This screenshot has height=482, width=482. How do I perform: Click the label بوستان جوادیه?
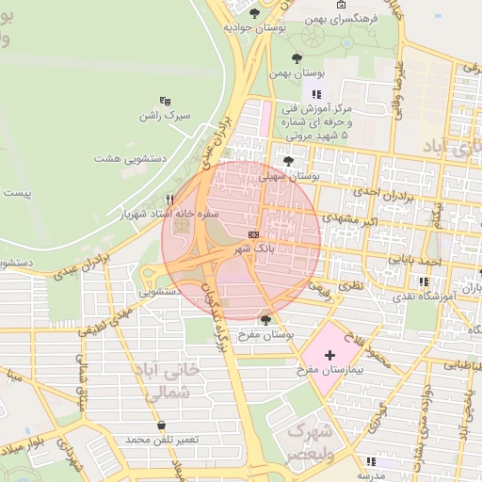pyautogui.click(x=254, y=28)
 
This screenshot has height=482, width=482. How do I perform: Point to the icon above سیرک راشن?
pyautogui.click(x=166, y=101)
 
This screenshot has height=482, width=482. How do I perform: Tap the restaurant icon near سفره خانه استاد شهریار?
pyautogui.click(x=169, y=199)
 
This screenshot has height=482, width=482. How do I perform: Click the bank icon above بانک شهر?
pyautogui.click(x=253, y=233)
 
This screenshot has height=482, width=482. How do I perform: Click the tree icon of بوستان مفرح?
pyautogui.click(x=265, y=320)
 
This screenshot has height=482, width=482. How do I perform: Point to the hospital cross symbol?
pyautogui.click(x=329, y=355)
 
